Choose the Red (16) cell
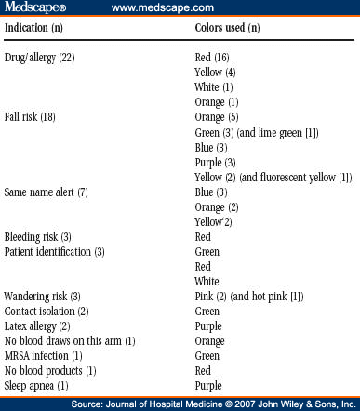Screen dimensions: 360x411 [x=207, y=58]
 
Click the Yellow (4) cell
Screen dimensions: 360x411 [x=209, y=73]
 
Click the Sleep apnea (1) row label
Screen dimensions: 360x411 [x=36, y=385]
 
